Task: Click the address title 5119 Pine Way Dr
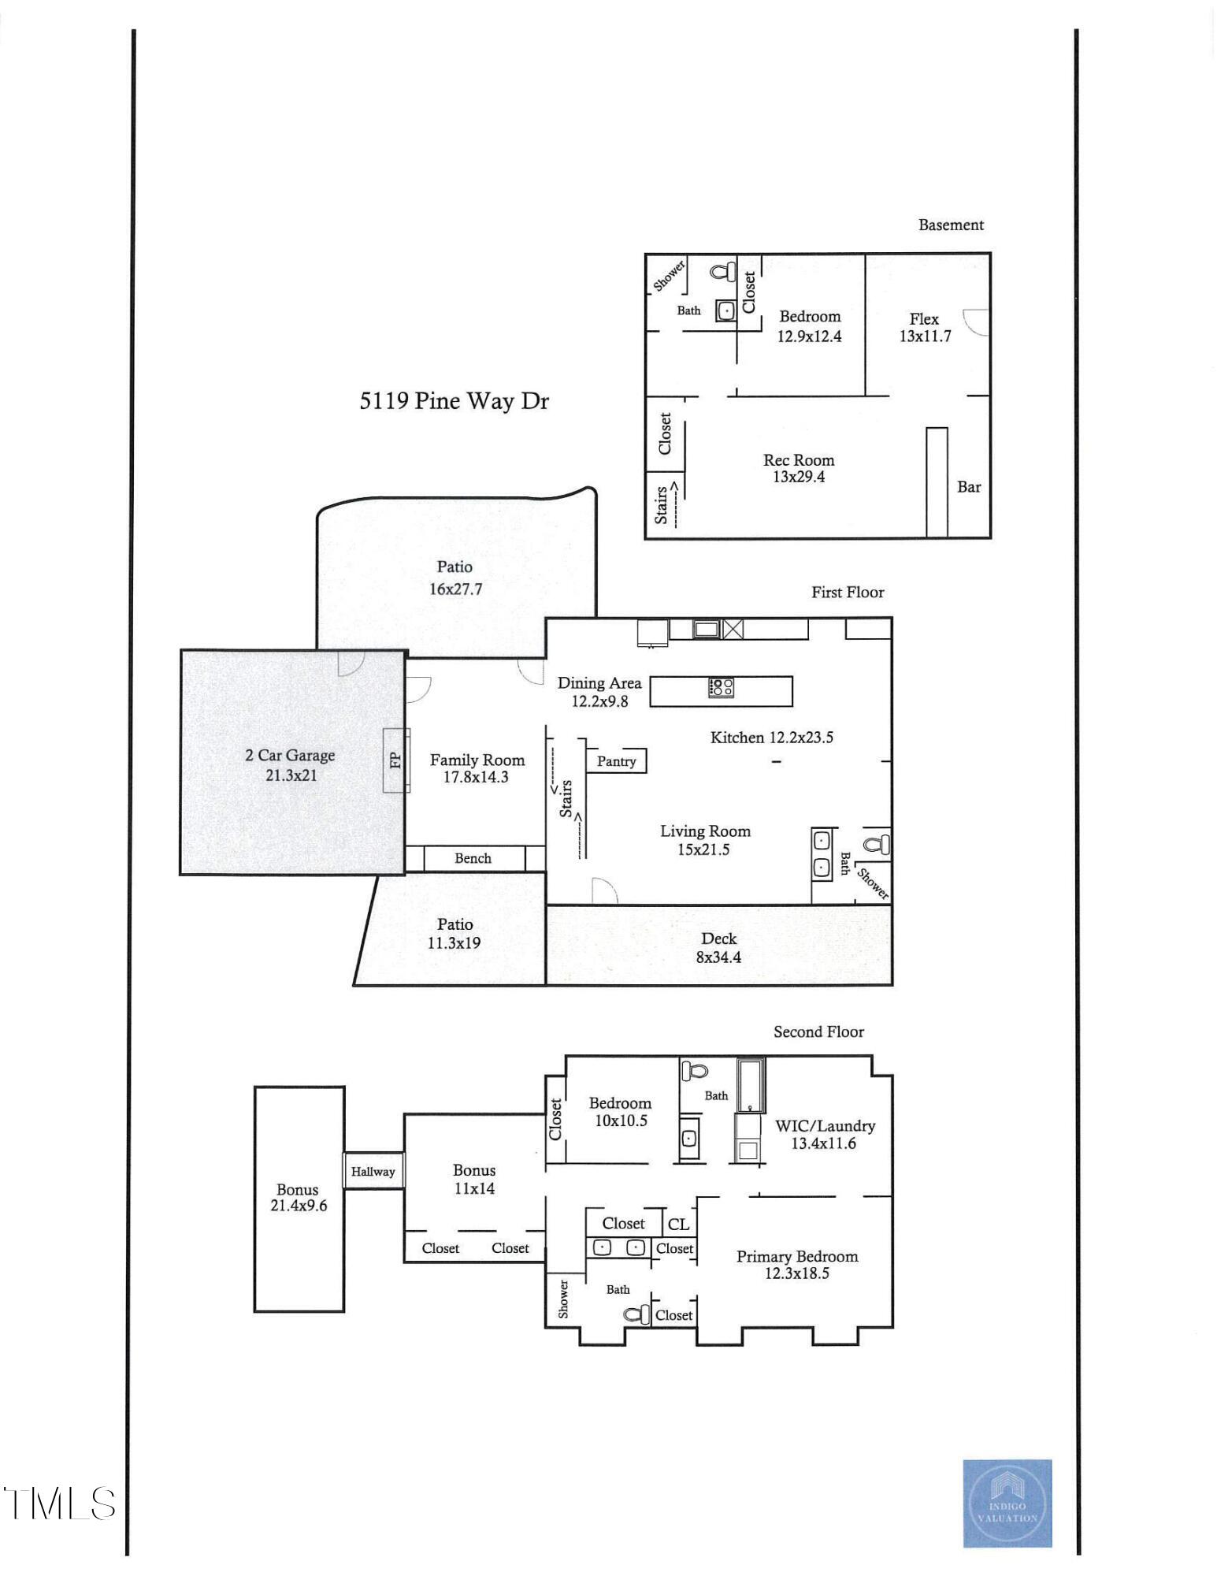pyautogui.click(x=454, y=401)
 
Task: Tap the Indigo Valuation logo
pyautogui.click(x=1007, y=1503)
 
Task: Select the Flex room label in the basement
pyautogui.click(x=924, y=319)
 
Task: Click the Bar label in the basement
pyautogui.click(x=969, y=487)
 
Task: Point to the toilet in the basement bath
pyautogui.click(x=722, y=273)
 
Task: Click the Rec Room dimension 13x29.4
pyautogui.click(x=799, y=477)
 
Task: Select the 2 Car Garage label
pyautogui.click(x=290, y=755)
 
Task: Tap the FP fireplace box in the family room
pyautogui.click(x=395, y=760)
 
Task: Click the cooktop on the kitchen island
pyautogui.click(x=722, y=687)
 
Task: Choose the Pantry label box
pyautogui.click(x=616, y=761)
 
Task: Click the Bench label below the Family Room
pyautogui.click(x=473, y=858)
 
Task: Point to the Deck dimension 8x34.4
pyautogui.click(x=718, y=957)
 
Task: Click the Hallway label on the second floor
pyautogui.click(x=373, y=1172)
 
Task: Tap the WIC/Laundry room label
pyautogui.click(x=825, y=1126)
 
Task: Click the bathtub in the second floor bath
pyautogui.click(x=751, y=1084)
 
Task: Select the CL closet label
pyautogui.click(x=678, y=1224)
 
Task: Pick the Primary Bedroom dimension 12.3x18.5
pyautogui.click(x=797, y=1273)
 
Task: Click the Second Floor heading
pyautogui.click(x=818, y=1032)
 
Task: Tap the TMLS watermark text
pyautogui.click(x=59, y=1504)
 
